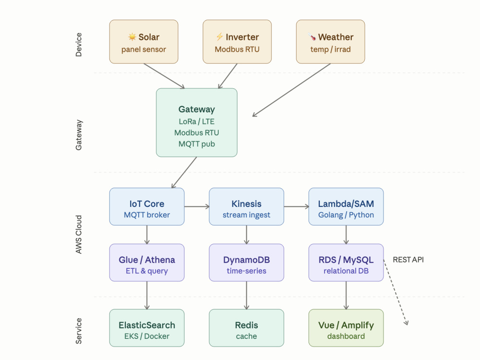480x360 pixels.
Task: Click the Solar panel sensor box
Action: coord(144,42)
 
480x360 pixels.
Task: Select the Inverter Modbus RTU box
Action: coord(237,42)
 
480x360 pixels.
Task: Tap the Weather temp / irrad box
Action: coord(330,42)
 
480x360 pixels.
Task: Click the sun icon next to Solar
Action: coord(132,37)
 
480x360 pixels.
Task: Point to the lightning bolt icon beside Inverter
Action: coord(219,37)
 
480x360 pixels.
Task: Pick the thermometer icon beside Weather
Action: coord(312,37)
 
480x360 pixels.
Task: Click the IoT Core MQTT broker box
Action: coord(147,206)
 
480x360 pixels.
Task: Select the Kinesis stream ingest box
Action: coord(246,206)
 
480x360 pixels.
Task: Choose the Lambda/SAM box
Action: coord(346,206)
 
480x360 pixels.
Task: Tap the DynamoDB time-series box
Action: coord(246,263)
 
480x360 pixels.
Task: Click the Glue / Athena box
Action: coord(147,263)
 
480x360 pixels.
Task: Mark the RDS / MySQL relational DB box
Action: coord(346,263)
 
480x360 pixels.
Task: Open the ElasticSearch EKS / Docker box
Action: coord(147,328)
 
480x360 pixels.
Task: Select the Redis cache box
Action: coord(246,328)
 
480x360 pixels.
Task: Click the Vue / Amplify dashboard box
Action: coord(346,328)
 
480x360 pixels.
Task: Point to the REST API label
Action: coord(408,260)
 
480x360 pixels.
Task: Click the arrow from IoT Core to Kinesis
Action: coord(196,206)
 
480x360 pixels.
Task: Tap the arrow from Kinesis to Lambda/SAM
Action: coord(296,206)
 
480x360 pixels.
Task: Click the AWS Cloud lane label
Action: coord(79,235)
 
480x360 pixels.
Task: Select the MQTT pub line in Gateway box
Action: coord(196,144)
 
